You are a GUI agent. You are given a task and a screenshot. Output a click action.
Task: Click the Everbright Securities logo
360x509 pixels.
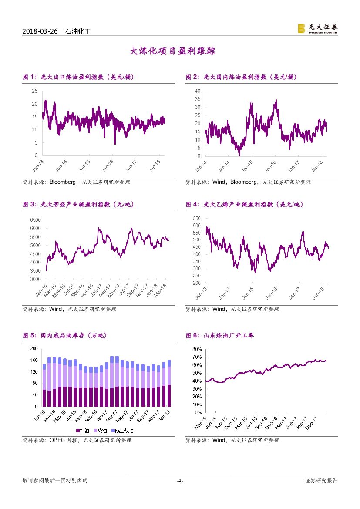317,29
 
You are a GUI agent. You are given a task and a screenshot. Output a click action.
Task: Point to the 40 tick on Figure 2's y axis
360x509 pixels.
197,91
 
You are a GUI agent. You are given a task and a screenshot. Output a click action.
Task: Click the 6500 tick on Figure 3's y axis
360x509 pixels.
35,220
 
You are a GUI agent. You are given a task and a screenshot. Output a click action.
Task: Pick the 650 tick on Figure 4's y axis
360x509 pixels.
196,218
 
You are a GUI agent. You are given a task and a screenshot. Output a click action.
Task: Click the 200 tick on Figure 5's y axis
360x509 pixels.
34,349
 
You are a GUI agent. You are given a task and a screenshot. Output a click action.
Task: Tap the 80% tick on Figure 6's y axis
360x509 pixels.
196,349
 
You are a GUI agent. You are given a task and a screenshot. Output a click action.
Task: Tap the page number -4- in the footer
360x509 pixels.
180,481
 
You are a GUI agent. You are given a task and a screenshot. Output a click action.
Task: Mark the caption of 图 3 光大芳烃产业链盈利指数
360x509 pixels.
71,204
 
